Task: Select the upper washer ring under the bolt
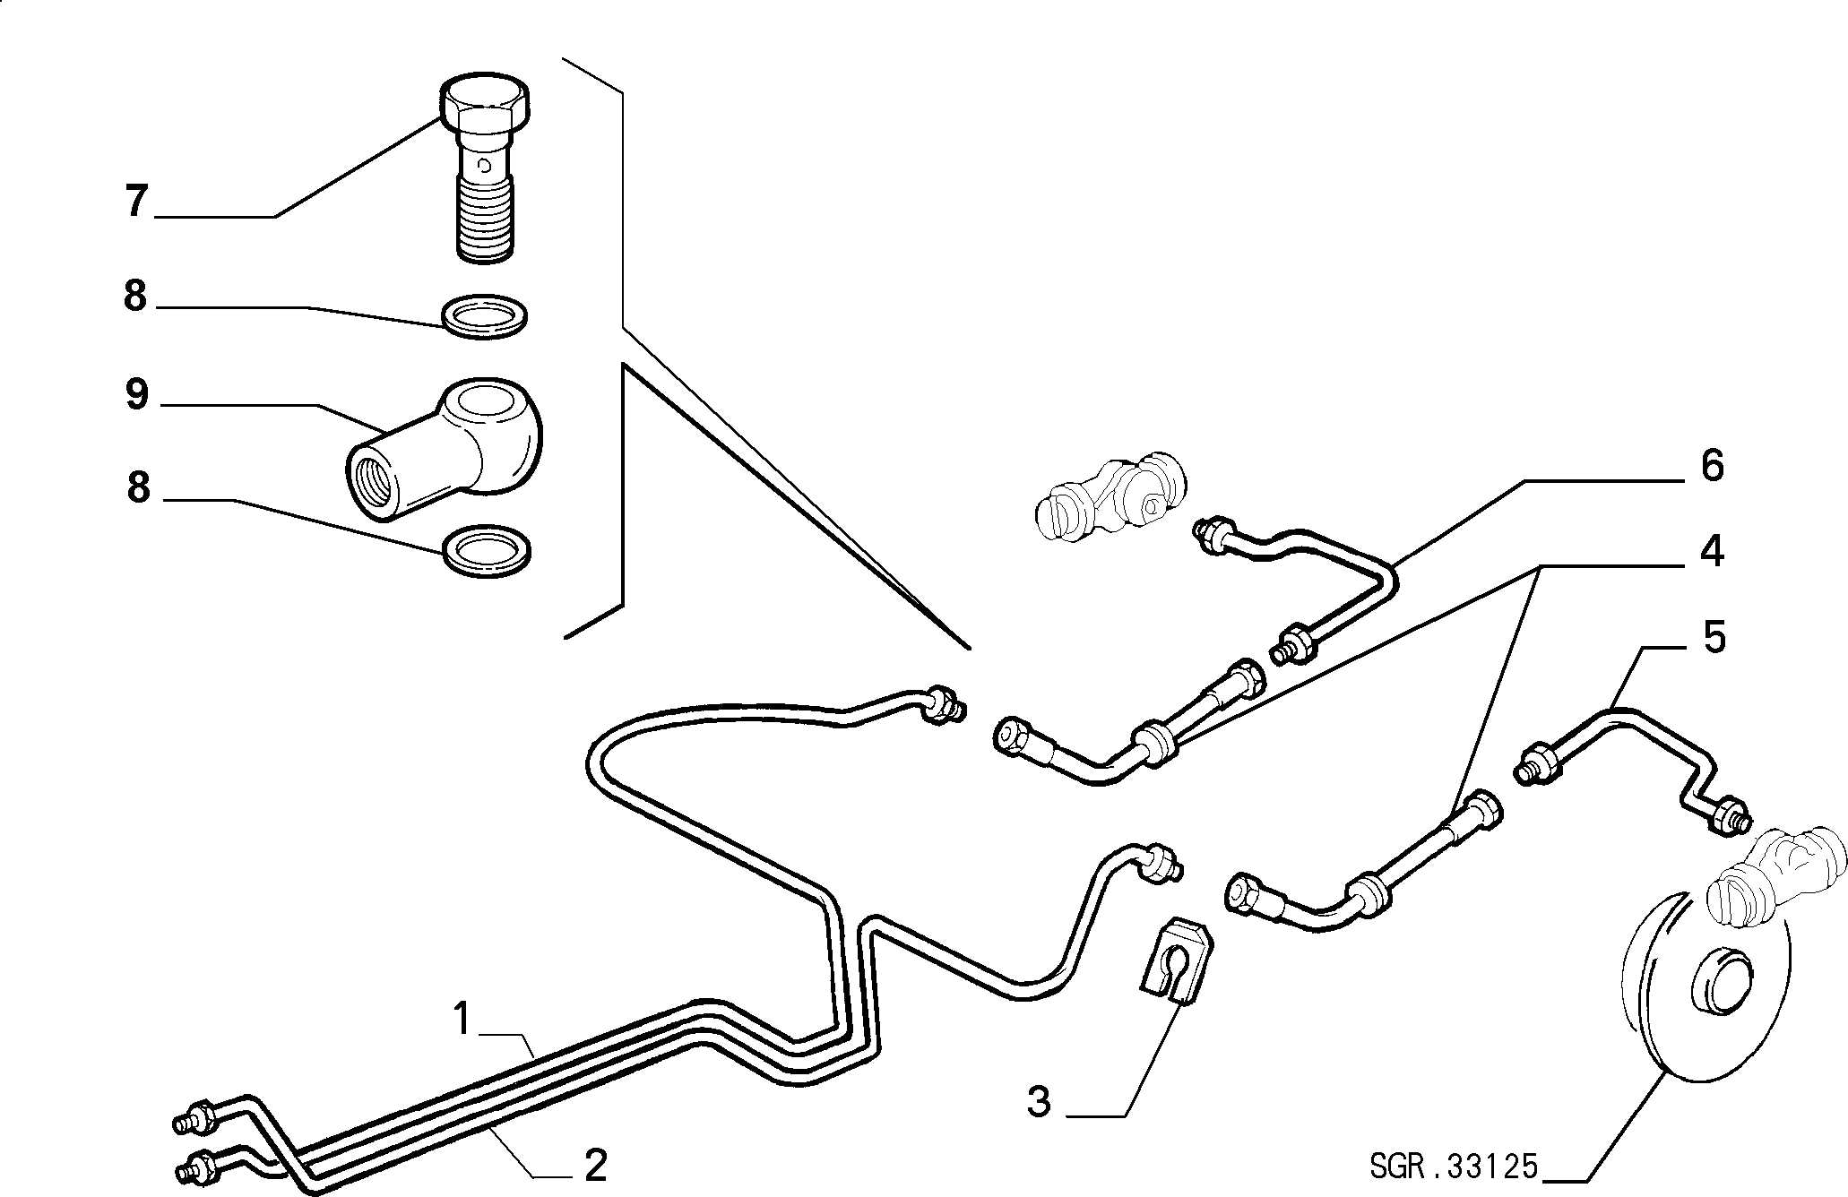coord(485,315)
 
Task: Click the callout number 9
coord(136,393)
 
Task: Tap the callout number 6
coord(1711,466)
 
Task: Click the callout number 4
coord(1711,550)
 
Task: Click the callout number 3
coord(1039,1101)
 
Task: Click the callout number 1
coord(462,1019)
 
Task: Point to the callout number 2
coord(595,1165)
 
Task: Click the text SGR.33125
coord(1453,1167)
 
